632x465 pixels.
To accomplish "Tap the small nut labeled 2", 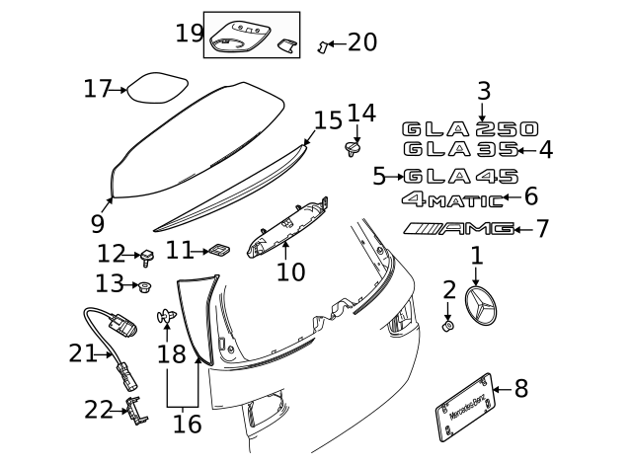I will (447, 326).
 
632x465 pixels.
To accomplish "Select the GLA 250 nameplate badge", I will (470, 129).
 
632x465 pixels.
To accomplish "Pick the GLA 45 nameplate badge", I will (460, 178).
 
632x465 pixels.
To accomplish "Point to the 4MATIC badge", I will (452, 199).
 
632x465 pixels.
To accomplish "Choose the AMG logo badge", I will (459, 229).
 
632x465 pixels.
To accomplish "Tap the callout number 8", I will (521, 389).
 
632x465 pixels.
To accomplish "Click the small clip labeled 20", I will (322, 45).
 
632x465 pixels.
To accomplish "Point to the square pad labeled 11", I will (219, 252).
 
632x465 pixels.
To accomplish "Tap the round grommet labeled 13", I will (145, 287).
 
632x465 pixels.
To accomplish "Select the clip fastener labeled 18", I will (165, 317).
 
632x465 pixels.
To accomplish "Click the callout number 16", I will (187, 425).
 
